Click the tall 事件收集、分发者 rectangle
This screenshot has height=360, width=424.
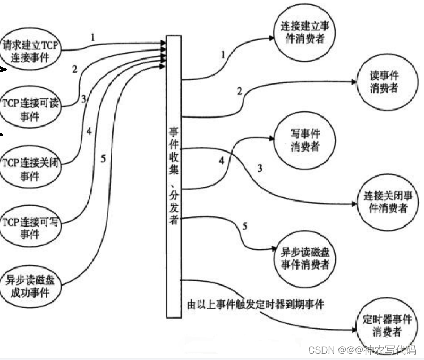pos(174,175)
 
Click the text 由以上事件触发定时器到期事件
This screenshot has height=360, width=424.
pos(256,305)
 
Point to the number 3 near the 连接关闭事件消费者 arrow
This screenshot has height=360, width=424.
pos(260,169)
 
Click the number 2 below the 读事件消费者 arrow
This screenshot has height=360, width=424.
pos(240,91)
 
